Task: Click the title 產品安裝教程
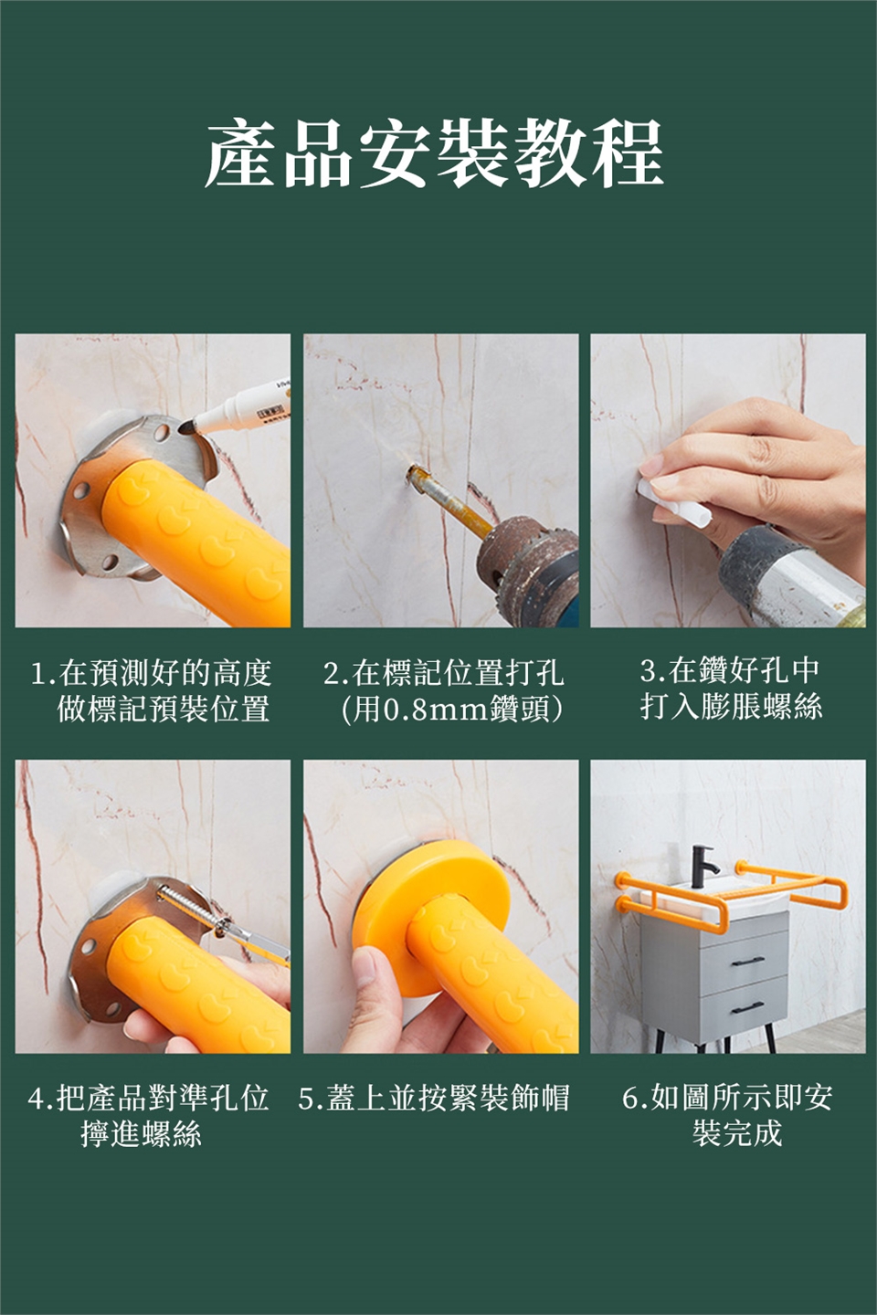pyautogui.click(x=435, y=153)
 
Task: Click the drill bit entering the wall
pyautogui.click(x=449, y=502)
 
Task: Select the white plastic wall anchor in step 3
pyautogui.click(x=675, y=502)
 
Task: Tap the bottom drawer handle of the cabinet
pyautogui.click(x=748, y=1007)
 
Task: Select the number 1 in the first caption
pyautogui.click(x=38, y=674)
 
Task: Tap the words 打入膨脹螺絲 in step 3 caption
pyautogui.click(x=732, y=706)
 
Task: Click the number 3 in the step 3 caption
pyautogui.click(x=648, y=671)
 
